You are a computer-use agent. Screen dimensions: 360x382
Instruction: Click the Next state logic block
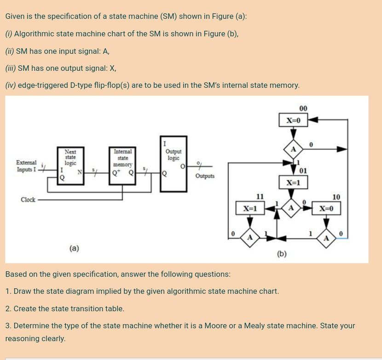click(70, 166)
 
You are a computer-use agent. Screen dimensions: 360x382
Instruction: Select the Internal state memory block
click(122, 166)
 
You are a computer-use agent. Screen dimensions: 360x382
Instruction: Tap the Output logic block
click(173, 164)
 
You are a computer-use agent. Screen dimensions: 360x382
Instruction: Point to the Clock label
click(28, 200)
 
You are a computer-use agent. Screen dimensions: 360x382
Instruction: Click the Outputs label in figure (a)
click(205, 176)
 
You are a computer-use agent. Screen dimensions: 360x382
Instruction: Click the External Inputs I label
click(26, 166)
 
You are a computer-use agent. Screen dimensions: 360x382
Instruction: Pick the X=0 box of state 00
click(293, 120)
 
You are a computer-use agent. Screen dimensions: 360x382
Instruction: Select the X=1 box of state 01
click(293, 183)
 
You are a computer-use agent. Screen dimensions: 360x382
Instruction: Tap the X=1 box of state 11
click(249, 208)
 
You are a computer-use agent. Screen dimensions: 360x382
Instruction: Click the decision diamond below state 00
click(293, 149)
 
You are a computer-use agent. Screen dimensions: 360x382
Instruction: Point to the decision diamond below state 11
click(249, 237)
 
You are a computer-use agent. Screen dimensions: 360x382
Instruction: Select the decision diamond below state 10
click(326, 237)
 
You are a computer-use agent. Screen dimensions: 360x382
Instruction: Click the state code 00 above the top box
click(303, 109)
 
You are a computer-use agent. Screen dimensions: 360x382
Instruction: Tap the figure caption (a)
click(74, 248)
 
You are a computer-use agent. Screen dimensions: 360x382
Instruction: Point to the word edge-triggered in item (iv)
click(43, 85)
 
